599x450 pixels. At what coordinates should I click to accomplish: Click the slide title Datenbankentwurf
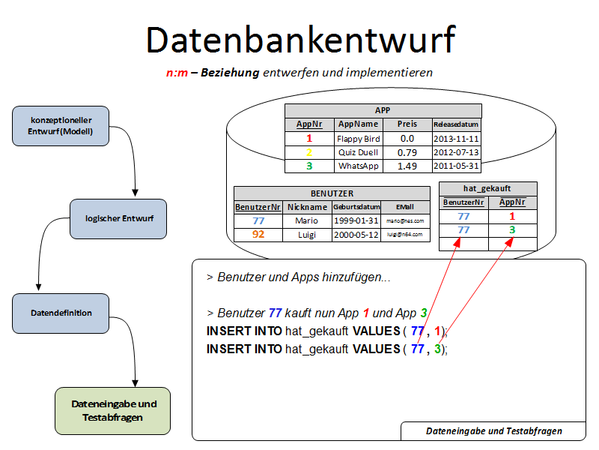(x=299, y=39)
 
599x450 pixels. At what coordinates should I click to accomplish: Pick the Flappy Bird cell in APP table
(x=358, y=139)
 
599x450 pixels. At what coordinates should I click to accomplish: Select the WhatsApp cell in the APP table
(x=358, y=166)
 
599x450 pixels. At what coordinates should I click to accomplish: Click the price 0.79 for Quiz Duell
(x=407, y=152)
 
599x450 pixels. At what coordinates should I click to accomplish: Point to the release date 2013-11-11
(x=456, y=139)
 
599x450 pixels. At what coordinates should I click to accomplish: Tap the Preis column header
(x=407, y=124)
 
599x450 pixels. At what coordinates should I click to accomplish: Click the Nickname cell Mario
(x=307, y=220)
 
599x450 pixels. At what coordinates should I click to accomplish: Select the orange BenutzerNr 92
(x=258, y=234)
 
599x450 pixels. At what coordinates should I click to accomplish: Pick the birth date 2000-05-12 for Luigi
(x=356, y=234)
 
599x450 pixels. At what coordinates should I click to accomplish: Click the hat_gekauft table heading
(x=487, y=188)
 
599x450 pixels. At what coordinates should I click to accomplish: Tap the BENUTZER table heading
(x=332, y=193)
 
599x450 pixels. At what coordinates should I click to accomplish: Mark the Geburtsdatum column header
(x=356, y=206)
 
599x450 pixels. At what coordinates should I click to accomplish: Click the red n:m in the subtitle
(x=177, y=73)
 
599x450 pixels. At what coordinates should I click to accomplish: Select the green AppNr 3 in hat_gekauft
(x=513, y=229)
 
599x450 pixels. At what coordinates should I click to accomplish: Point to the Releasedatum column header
(x=456, y=124)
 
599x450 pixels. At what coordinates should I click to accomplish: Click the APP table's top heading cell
(x=383, y=109)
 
